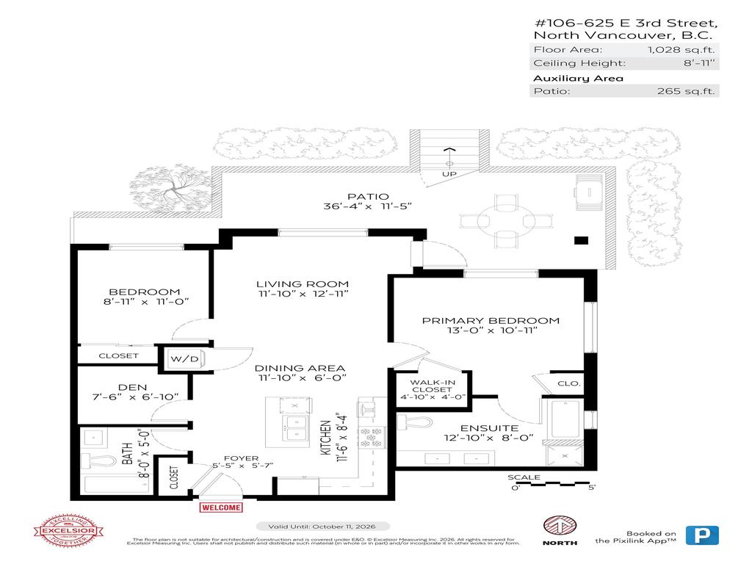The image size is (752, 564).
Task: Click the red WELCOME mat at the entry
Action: click(220, 507)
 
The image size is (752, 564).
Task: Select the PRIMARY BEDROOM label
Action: click(491, 320)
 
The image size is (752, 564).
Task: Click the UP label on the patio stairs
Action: click(449, 174)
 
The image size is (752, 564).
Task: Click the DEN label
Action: click(133, 387)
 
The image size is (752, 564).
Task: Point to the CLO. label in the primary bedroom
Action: click(569, 383)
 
